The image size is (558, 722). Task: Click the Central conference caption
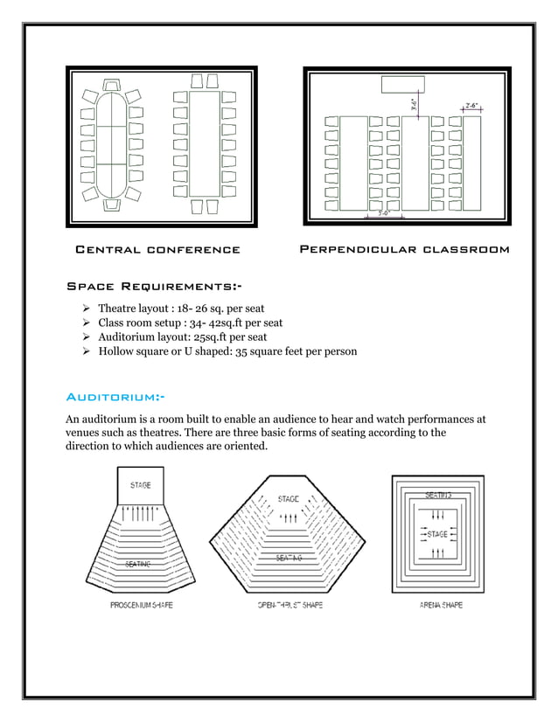[157, 250]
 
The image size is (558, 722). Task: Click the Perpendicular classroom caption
[404, 250]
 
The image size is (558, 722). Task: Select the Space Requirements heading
[155, 288]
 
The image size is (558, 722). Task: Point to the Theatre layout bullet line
[181, 309]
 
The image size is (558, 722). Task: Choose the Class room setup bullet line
[190, 323]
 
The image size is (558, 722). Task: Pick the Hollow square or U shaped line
[227, 351]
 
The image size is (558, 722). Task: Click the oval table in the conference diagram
[111, 144]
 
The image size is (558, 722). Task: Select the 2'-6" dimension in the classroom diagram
[471, 105]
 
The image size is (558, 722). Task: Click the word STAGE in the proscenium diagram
[140, 485]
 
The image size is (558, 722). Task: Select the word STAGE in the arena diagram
[437, 533]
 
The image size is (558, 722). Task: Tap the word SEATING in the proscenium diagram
[137, 565]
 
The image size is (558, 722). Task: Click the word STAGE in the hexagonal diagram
[288, 499]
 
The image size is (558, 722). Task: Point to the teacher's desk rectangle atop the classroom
[403, 85]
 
